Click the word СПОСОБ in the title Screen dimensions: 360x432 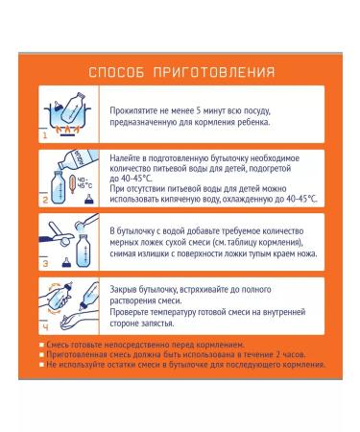click(116, 72)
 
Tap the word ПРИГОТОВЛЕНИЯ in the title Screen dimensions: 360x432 click(214, 72)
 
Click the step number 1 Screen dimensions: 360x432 click(45, 135)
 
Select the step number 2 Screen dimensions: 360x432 click(45, 200)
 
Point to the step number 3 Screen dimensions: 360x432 click(45, 264)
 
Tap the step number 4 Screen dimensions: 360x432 click(45, 327)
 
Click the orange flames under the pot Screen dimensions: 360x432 click(67, 130)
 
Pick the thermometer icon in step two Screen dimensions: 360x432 click(73, 184)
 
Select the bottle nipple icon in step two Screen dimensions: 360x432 click(89, 200)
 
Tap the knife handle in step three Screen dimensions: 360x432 click(49, 238)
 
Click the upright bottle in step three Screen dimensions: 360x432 click(84, 251)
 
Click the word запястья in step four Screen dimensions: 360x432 click(158, 324)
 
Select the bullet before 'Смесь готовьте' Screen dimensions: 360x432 click(41, 345)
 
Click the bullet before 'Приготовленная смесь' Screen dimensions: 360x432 click(41, 355)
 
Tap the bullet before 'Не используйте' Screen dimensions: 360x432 click(41, 365)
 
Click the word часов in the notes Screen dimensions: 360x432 click(293, 355)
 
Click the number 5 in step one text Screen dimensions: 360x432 click(199, 111)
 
